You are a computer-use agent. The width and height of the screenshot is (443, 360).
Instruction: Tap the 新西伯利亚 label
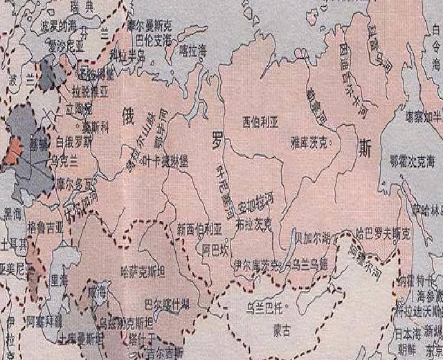pos(199,228)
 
